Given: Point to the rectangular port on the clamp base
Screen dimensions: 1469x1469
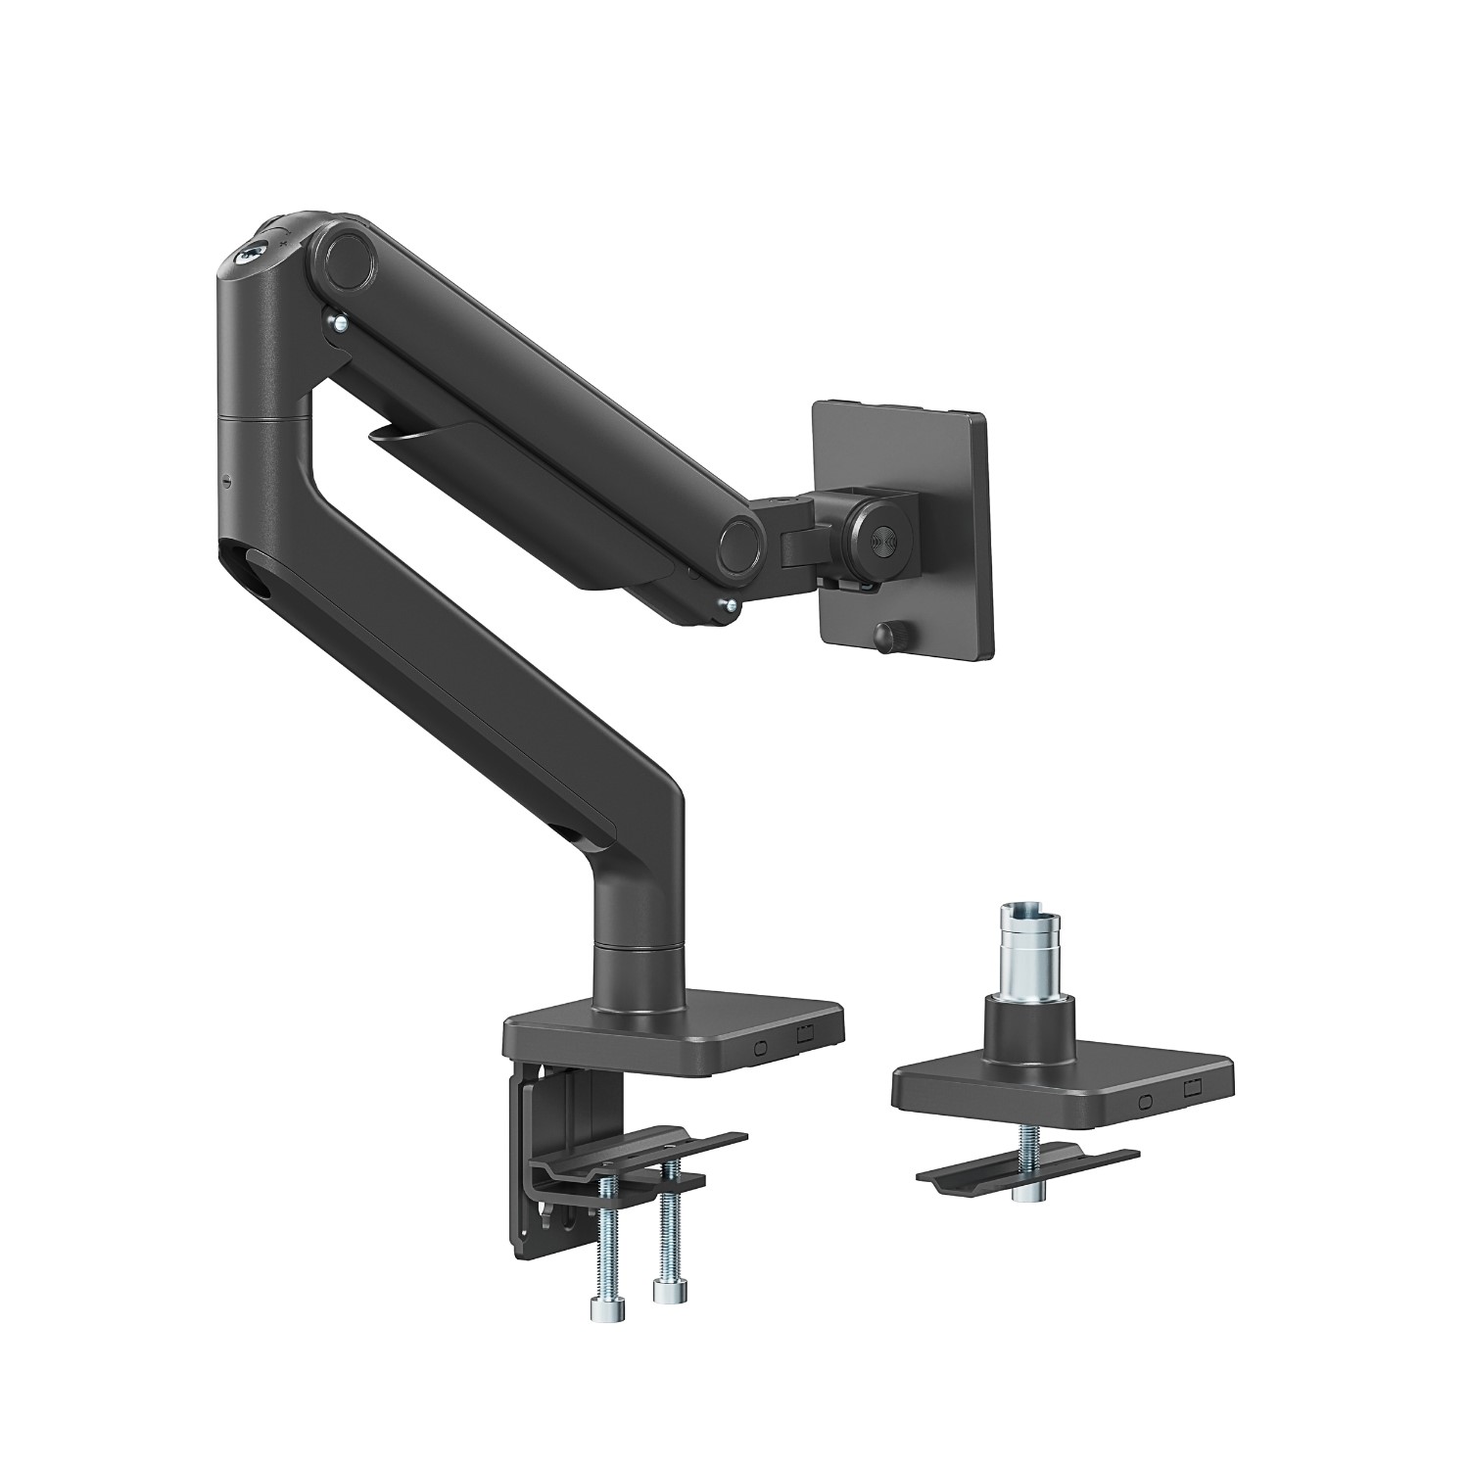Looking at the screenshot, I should click(806, 1033).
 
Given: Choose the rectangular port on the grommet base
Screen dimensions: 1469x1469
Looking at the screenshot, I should click(1193, 1089).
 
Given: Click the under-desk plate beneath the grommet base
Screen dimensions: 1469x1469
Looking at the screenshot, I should click(1028, 1167).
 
